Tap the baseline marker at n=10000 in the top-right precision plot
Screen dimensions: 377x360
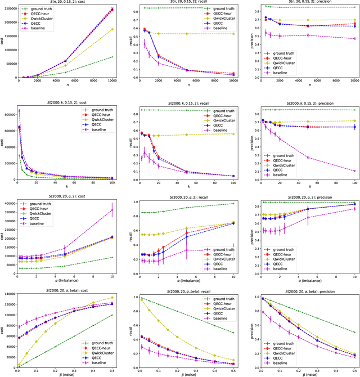click(354, 39)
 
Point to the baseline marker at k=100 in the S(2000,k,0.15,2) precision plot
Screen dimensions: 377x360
click(354, 171)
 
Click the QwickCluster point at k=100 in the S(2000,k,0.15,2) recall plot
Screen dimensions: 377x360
click(233, 133)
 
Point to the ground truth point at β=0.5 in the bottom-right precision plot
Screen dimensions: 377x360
click(354, 332)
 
